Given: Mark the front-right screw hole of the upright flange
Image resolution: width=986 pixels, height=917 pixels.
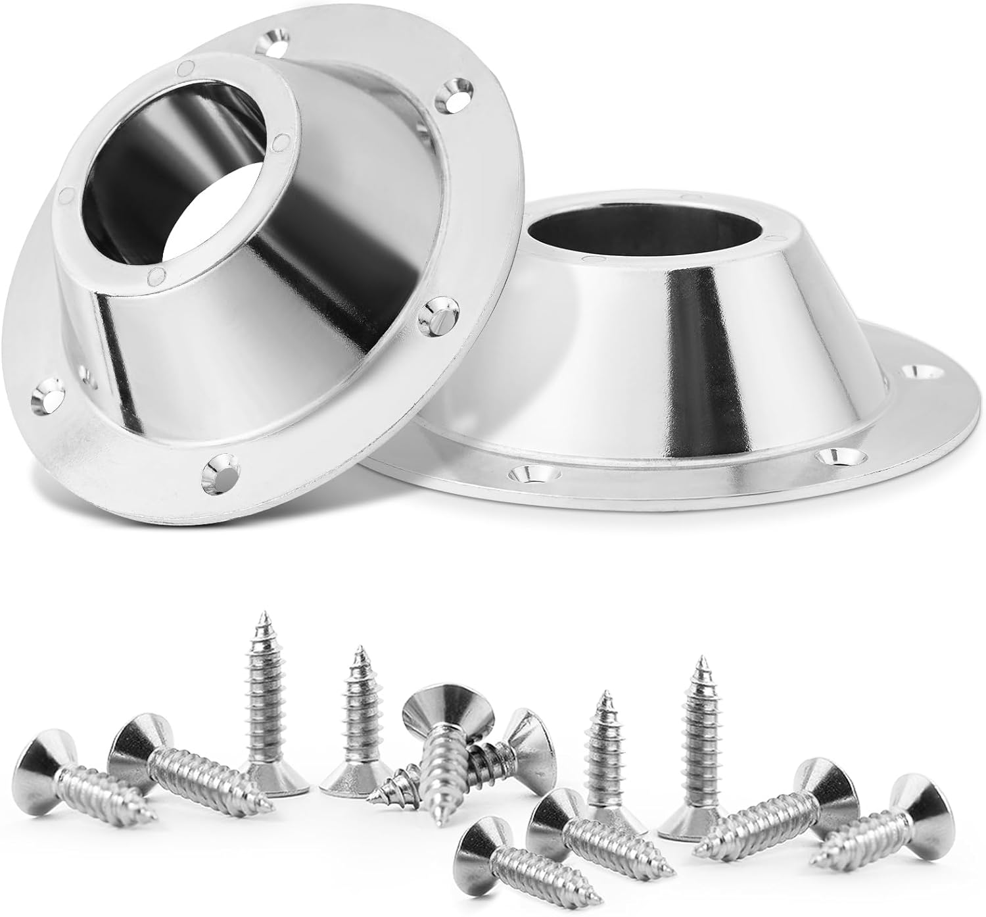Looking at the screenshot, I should coord(830,454).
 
